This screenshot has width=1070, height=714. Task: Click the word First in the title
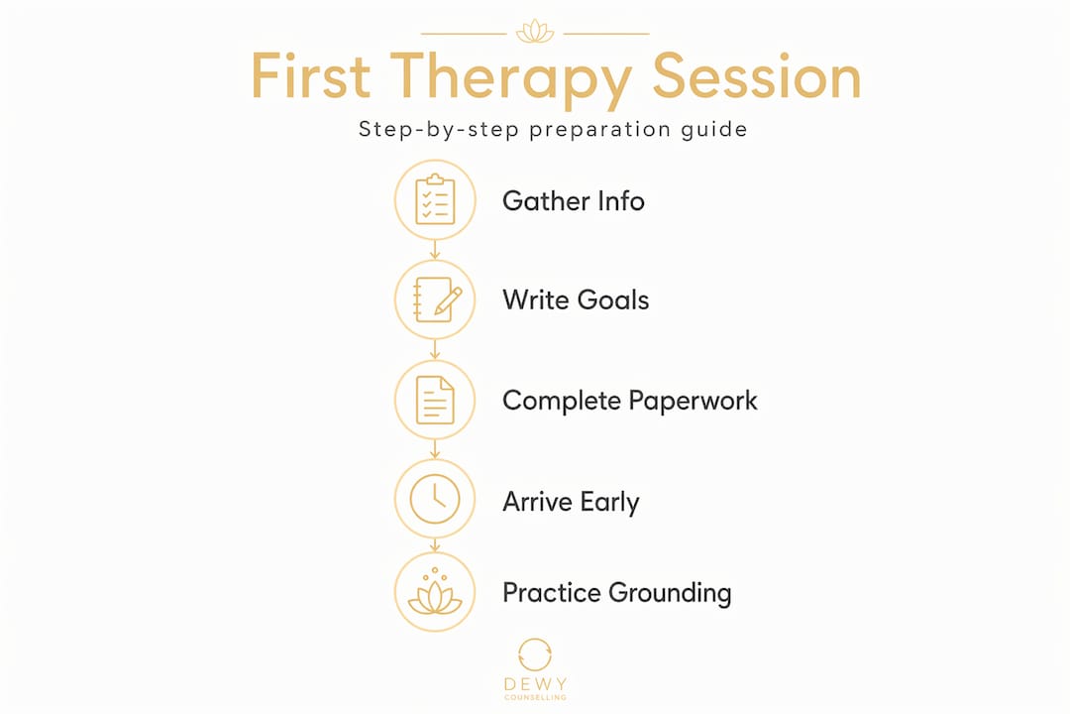pyautogui.click(x=311, y=75)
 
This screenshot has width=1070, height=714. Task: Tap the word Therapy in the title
pyautogui.click(x=510, y=80)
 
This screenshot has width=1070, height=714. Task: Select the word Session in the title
pyautogui.click(x=757, y=75)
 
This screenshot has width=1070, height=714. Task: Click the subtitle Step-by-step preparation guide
pyautogui.click(x=553, y=129)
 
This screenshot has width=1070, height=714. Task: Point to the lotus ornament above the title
pyautogui.click(x=535, y=32)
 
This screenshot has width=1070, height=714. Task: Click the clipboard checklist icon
pyautogui.click(x=435, y=199)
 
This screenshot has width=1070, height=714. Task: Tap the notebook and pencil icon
pyautogui.click(x=437, y=299)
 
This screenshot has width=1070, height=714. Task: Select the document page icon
pyautogui.click(x=435, y=400)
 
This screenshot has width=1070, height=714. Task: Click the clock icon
pyautogui.click(x=435, y=500)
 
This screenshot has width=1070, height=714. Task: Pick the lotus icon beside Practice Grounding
pyautogui.click(x=435, y=592)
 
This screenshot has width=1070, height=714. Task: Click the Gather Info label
pyautogui.click(x=574, y=201)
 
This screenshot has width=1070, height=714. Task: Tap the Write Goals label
pyautogui.click(x=576, y=299)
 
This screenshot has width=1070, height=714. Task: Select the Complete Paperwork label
pyautogui.click(x=630, y=401)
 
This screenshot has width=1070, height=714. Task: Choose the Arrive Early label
pyautogui.click(x=572, y=502)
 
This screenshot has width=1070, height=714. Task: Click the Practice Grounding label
pyautogui.click(x=617, y=593)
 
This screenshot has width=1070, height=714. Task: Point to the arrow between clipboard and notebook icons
pyautogui.click(x=435, y=249)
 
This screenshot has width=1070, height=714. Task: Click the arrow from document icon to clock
pyautogui.click(x=435, y=449)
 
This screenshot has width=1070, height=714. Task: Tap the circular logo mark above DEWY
pyautogui.click(x=535, y=655)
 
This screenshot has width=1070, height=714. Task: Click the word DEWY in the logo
pyautogui.click(x=536, y=684)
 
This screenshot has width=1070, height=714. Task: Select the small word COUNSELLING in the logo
pyautogui.click(x=536, y=697)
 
